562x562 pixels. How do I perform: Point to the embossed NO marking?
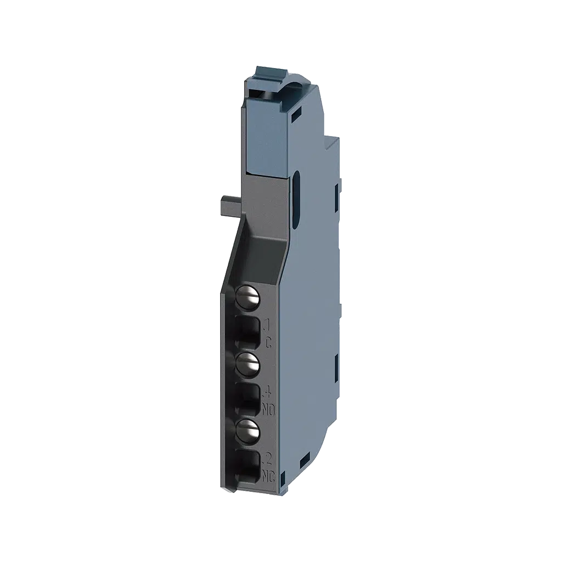point(268,409)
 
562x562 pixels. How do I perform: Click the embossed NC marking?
point(268,475)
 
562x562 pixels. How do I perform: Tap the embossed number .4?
point(268,392)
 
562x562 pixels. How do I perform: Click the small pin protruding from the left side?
point(228,204)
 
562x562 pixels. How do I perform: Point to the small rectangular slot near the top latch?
point(296,116)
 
